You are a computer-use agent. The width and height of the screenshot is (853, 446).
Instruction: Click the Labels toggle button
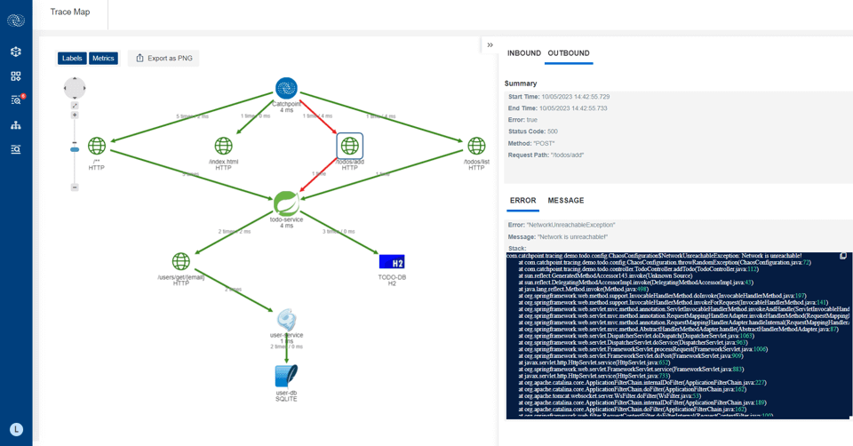pyautogui.click(x=72, y=59)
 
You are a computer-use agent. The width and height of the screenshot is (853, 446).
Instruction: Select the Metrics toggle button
pyautogui.click(x=103, y=59)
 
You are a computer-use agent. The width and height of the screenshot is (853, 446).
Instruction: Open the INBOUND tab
pyautogui.click(x=524, y=53)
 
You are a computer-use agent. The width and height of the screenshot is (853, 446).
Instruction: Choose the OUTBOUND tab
pyautogui.click(x=569, y=53)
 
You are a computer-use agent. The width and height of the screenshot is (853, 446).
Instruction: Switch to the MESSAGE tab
pyautogui.click(x=566, y=201)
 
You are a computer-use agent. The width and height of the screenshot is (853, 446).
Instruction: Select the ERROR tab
pyautogui.click(x=522, y=201)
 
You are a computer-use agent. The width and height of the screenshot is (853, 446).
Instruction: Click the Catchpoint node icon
pyautogui.click(x=286, y=88)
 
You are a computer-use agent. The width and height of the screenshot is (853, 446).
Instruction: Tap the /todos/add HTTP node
pyautogui.click(x=350, y=145)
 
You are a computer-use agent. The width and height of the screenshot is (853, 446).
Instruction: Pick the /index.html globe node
pyautogui.click(x=224, y=145)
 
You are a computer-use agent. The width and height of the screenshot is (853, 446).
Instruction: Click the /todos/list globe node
pyautogui.click(x=476, y=145)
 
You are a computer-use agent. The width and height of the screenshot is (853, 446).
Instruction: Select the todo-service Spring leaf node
pyautogui.click(x=286, y=203)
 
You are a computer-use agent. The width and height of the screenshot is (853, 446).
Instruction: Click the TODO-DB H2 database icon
pyautogui.click(x=392, y=261)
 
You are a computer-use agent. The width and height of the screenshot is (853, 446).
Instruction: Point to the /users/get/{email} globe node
pyautogui.click(x=181, y=261)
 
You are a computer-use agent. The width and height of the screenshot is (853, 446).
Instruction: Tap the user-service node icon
pyautogui.click(x=286, y=319)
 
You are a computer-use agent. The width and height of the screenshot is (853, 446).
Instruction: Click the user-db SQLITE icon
pyautogui.click(x=286, y=375)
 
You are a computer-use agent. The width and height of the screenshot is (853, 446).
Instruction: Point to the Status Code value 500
pyautogui.click(x=555, y=131)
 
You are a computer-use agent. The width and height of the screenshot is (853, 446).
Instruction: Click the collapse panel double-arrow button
pyautogui.click(x=490, y=45)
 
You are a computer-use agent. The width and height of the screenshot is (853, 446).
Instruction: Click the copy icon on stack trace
pyautogui.click(x=843, y=256)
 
